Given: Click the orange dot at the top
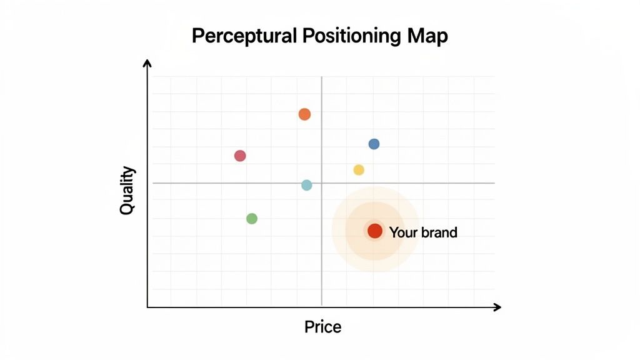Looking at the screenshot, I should tap(304, 114).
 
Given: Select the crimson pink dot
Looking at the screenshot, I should tap(240, 156).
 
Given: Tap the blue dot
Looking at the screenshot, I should tap(374, 144).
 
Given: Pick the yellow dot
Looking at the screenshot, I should tap(359, 170).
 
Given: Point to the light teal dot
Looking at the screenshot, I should tap(306, 185).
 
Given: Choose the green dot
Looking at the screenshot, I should tap(252, 219).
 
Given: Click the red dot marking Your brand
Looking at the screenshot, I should tap(374, 231).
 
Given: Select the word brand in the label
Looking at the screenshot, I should tap(439, 232).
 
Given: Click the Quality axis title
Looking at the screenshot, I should tap(127, 191).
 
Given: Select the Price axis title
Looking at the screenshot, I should tap(322, 327).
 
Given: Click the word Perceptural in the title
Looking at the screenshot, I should tap(244, 37).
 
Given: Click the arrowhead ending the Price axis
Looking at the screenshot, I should tap(497, 307).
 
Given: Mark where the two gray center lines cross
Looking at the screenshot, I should tap(322, 183).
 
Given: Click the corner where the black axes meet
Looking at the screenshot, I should tap(147, 307).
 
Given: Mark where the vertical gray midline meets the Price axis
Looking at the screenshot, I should tap(322, 307).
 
